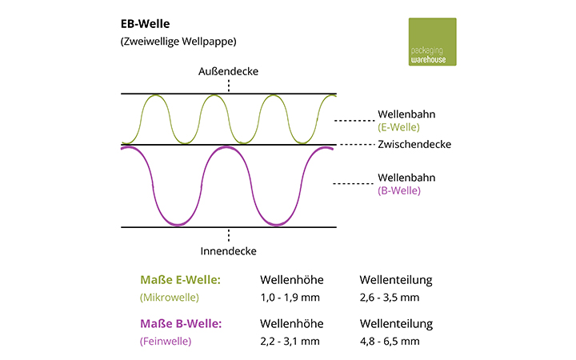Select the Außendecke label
pos(229,71)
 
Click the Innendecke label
pos(229,251)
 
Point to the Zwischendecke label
pos(414,145)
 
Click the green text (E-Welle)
pos(398,126)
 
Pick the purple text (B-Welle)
pos(398,190)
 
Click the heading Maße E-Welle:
pos(181,280)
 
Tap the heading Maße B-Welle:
pos(181,323)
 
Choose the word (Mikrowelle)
pos(168,298)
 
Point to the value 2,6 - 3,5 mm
pos(390,298)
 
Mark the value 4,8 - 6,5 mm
pos(390,342)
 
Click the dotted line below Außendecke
pos(229,85)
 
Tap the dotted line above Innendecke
pos(229,235)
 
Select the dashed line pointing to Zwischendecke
pos(355,145)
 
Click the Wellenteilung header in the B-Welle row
pos(396,324)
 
